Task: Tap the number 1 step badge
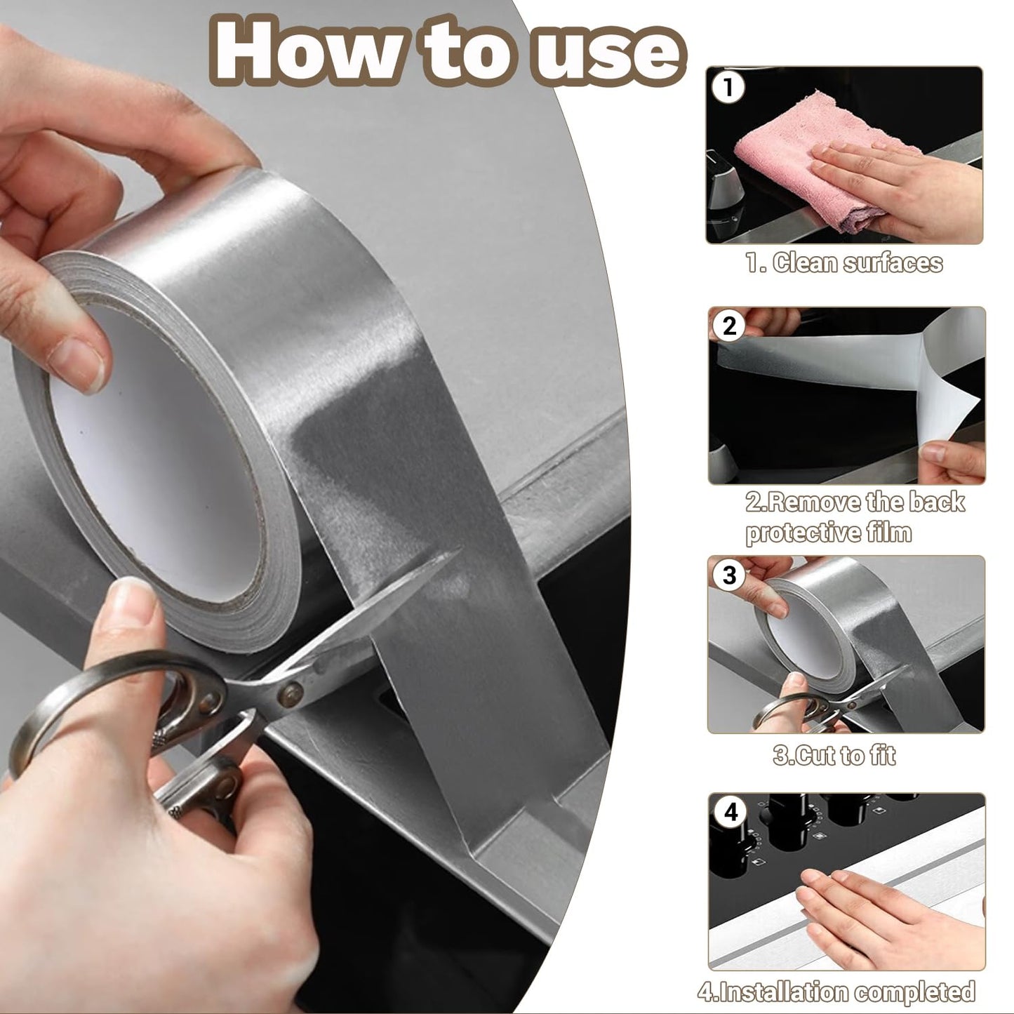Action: pyautogui.click(x=728, y=88)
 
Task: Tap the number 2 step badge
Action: pyautogui.click(x=730, y=326)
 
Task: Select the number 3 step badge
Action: pyautogui.click(x=729, y=575)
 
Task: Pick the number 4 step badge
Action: pyautogui.click(x=731, y=813)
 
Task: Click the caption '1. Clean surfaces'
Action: pyautogui.click(x=843, y=263)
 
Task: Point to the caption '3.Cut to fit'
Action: pyautogui.click(x=834, y=756)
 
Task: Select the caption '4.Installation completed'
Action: pyautogui.click(x=836, y=992)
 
